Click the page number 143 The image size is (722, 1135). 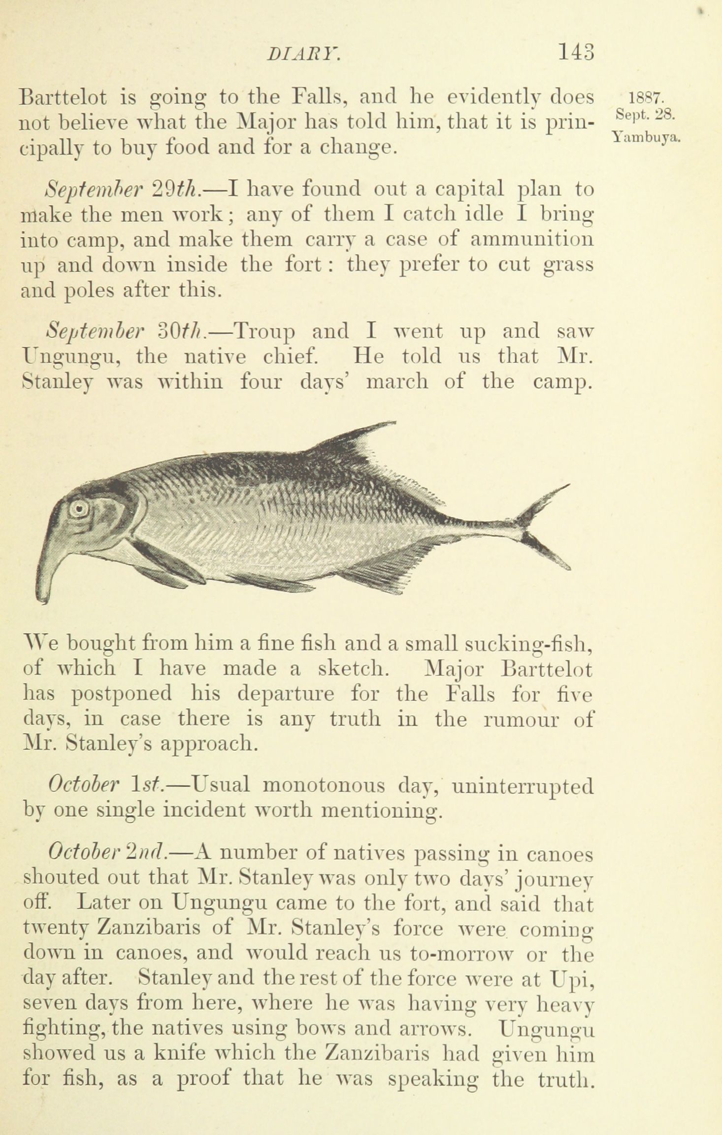(576, 52)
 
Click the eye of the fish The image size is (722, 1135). (77, 508)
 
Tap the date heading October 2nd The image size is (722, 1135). (108, 854)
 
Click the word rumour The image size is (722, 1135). (522, 719)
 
